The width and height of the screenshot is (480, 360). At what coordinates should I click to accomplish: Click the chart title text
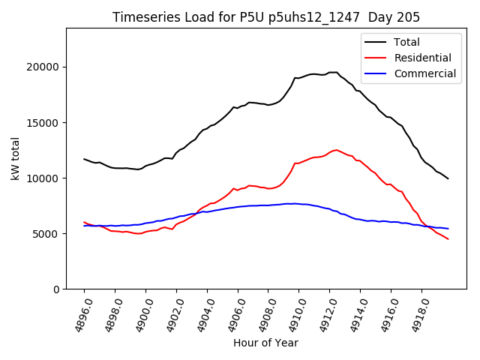click(x=266, y=17)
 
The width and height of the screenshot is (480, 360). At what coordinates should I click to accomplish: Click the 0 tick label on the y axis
click(x=56, y=289)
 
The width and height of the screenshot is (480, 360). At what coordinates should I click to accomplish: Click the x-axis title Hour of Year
click(x=265, y=343)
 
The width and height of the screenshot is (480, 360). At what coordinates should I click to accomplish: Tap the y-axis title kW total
click(x=15, y=159)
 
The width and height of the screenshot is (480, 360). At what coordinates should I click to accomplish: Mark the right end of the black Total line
click(x=448, y=178)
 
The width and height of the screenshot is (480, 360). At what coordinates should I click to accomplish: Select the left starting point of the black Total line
click(x=84, y=159)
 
